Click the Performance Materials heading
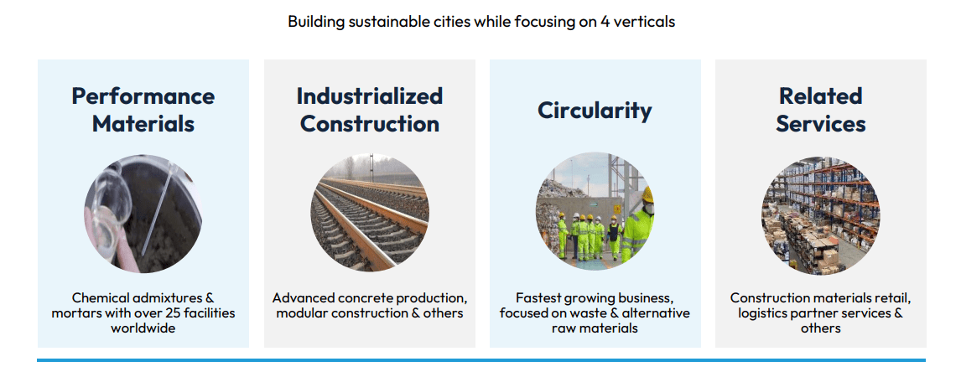point(143,110)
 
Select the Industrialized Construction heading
point(369,110)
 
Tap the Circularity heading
point(595,110)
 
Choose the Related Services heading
point(820,110)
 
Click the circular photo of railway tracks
point(370,212)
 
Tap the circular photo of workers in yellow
point(595,212)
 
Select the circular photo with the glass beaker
point(143,214)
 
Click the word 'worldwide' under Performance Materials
point(143,328)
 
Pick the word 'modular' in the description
point(303,313)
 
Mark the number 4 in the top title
point(605,22)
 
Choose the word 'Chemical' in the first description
point(100,298)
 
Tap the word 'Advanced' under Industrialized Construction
point(304,298)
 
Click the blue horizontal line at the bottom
point(480,360)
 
